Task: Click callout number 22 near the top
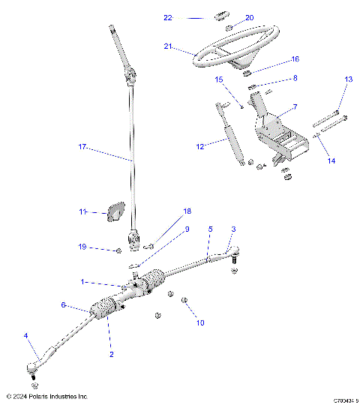coord(168,16)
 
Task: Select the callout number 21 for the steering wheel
coord(168,46)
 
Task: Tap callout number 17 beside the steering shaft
coord(82,148)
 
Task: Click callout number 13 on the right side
coord(348,79)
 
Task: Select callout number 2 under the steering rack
coord(111,353)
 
